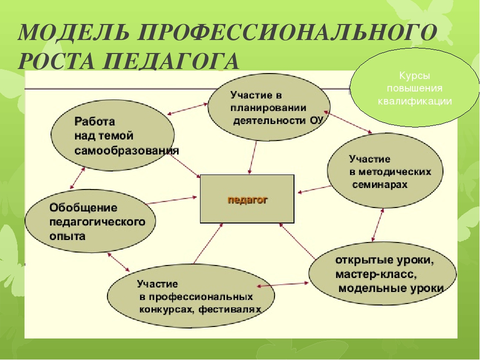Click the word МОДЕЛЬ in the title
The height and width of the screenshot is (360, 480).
pos(74,32)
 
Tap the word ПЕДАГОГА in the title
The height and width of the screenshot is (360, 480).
pos(170,61)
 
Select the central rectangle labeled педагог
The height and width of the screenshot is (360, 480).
pos(247,198)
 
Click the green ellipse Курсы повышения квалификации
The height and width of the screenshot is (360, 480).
pos(414,87)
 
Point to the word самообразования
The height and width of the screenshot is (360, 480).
pos(126,151)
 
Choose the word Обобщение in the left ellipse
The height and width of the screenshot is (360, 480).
pos(83,207)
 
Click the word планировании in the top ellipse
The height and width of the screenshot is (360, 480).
pos(268,108)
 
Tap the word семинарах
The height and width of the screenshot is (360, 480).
pos(380,184)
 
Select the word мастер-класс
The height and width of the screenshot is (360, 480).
pos(376,274)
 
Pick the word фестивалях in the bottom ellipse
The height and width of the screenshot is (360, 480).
pos(230,309)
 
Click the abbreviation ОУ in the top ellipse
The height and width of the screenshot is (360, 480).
pos(316,120)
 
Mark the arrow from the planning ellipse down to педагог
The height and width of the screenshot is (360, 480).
pos(253,157)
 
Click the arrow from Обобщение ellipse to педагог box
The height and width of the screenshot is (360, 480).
pos(171,200)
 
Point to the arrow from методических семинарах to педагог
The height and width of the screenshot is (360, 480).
pos(314,189)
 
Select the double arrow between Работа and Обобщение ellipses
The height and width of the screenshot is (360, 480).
pos(77,178)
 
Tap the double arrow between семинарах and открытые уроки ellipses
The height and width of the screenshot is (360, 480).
pos(377,225)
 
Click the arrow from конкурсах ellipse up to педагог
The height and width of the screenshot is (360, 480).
pos(208,243)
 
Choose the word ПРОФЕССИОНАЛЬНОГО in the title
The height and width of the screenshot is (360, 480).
pos(287,32)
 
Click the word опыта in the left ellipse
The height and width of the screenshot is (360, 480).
pos(67,236)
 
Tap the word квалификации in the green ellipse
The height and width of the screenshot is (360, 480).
pos(415,101)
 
